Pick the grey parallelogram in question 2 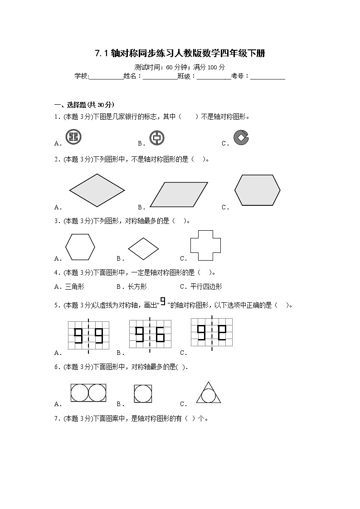point(179,194)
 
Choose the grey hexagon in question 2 point(257,189)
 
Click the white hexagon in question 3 point(80,247)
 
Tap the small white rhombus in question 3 point(143,249)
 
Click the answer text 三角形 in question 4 point(75,286)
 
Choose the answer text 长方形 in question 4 point(137,286)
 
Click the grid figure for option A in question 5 point(88,335)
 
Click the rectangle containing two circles point(88,393)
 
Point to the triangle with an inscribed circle point(209,393)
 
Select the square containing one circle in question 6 point(143,393)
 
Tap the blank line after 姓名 point(160,77)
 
